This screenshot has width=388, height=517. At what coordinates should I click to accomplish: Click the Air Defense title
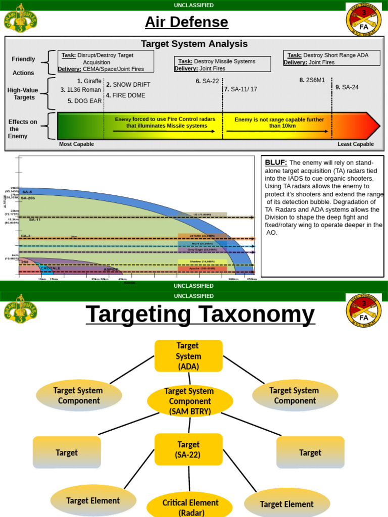click(x=186, y=22)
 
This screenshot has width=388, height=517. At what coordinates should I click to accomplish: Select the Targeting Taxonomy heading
click(x=200, y=315)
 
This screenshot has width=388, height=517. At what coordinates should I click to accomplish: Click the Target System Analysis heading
click(x=194, y=44)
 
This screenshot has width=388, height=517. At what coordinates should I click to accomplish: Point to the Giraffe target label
click(x=89, y=81)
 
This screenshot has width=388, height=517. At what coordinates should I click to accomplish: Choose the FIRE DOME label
click(x=126, y=95)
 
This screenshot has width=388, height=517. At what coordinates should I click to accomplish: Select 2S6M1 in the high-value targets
click(x=312, y=80)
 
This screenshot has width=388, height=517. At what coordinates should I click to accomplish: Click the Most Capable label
click(x=76, y=144)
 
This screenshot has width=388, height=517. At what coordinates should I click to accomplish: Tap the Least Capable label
click(x=356, y=144)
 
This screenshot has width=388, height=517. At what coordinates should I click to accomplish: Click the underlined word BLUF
click(x=276, y=162)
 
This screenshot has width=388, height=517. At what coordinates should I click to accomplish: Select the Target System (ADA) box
click(x=188, y=356)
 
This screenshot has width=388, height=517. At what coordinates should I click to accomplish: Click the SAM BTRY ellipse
click(x=190, y=401)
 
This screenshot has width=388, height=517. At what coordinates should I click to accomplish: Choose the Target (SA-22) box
click(x=188, y=449)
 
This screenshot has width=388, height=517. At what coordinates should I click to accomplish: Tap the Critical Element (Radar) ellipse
click(x=190, y=506)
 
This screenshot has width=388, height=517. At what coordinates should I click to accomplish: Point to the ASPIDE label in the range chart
click(x=111, y=270)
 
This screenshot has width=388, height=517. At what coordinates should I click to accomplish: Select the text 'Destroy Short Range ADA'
click(x=335, y=55)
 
